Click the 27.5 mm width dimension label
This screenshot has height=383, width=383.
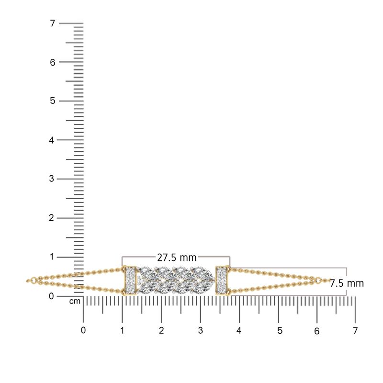point(177,258)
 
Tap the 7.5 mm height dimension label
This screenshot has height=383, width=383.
point(347,283)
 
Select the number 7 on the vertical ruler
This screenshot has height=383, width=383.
point(53,23)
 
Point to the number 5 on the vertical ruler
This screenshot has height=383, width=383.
point(53,101)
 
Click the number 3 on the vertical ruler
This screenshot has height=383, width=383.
point(51,179)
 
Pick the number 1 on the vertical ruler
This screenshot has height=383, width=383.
point(52,257)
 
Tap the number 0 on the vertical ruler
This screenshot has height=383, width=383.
point(51,296)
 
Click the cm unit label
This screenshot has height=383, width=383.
point(75,302)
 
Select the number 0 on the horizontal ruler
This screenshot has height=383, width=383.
point(83,330)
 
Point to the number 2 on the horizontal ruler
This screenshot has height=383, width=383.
point(161,330)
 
